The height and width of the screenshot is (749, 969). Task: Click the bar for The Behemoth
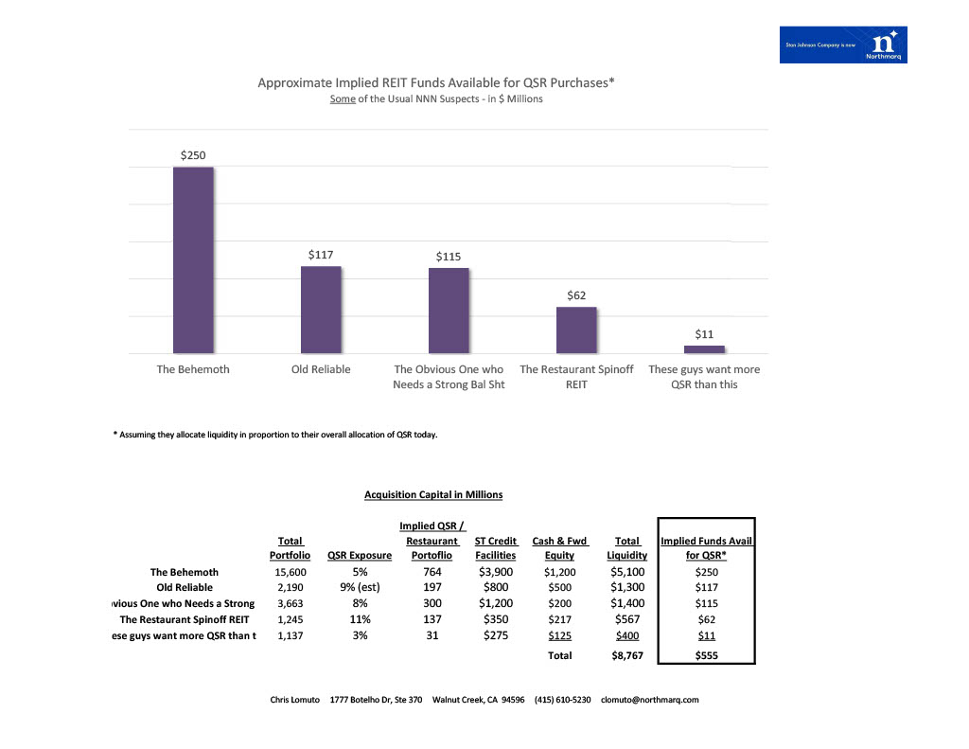(193, 259)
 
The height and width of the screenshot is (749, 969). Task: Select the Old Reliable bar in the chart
(321, 310)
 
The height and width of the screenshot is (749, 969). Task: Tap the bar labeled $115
(449, 311)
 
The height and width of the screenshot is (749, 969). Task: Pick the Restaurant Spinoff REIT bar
(576, 330)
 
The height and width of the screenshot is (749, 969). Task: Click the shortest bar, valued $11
(704, 349)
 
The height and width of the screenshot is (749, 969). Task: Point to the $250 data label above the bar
(193, 154)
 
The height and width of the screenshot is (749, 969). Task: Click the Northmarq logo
(843, 45)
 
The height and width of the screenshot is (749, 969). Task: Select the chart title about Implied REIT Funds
(436, 82)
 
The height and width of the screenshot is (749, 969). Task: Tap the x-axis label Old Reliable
(321, 369)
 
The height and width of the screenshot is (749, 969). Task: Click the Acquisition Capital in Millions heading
(433, 494)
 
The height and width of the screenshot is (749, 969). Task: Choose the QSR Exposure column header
(360, 556)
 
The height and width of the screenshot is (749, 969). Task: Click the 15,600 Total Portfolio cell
(290, 572)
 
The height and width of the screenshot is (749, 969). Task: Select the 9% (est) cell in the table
(360, 587)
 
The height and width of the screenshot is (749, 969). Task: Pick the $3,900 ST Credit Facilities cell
(495, 572)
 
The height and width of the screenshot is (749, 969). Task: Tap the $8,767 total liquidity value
(626, 654)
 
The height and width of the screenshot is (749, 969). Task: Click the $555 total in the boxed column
(706, 654)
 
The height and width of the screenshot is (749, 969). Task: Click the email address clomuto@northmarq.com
(650, 700)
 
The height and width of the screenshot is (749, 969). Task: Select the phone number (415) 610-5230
(562, 700)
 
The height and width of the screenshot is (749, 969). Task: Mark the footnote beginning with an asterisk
(275, 436)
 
